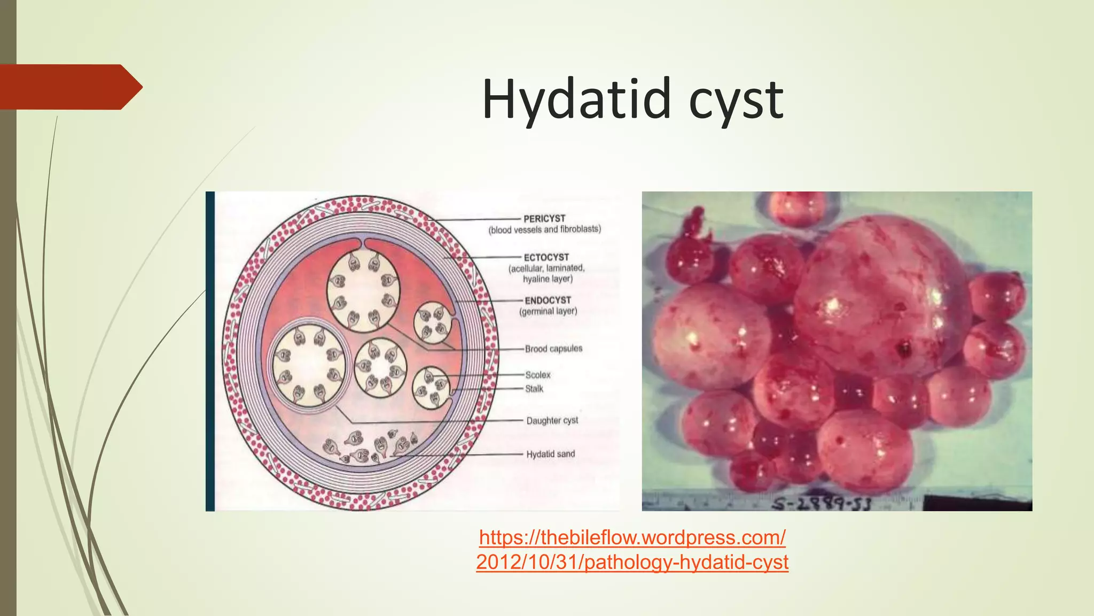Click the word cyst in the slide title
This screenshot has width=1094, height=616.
(x=736, y=102)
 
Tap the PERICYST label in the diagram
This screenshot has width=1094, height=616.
(x=544, y=219)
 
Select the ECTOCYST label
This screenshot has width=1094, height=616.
(x=546, y=257)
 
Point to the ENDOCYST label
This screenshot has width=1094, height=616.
(x=548, y=301)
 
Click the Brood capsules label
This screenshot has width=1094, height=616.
(x=553, y=349)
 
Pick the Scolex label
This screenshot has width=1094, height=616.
(x=537, y=375)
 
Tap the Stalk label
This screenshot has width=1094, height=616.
(x=534, y=389)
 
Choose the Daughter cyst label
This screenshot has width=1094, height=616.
(x=552, y=420)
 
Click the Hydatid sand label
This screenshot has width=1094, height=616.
(x=550, y=454)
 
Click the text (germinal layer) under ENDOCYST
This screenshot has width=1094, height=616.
(x=548, y=311)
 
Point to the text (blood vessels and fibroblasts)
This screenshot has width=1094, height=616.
(x=544, y=229)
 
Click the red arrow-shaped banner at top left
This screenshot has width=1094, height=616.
(x=69, y=87)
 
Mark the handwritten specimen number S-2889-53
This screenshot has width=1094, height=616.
(x=823, y=503)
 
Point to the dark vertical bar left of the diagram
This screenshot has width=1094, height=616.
(x=210, y=351)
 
